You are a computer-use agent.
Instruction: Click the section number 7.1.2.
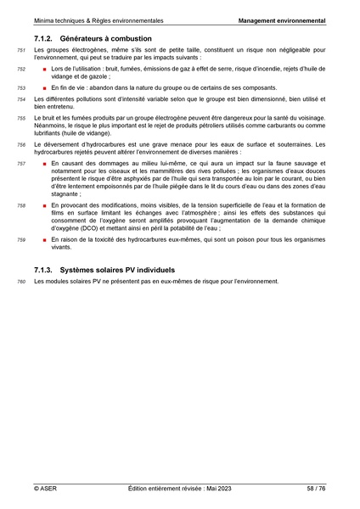point(47,39)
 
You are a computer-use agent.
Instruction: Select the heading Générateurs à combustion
point(106,39)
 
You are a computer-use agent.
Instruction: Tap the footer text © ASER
point(44,489)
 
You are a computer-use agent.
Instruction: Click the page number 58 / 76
point(316,489)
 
